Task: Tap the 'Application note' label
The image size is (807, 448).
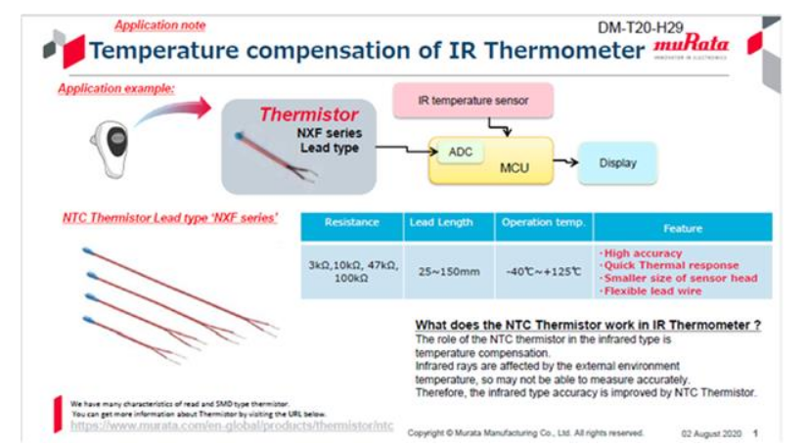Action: (x=159, y=25)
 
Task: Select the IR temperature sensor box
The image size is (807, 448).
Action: (x=472, y=100)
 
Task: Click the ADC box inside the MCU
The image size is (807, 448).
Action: (x=460, y=153)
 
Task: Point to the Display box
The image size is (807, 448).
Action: (x=616, y=163)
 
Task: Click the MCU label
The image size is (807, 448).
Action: (x=513, y=168)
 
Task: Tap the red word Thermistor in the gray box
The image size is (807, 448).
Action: (x=308, y=115)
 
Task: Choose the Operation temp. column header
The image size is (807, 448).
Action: (x=543, y=223)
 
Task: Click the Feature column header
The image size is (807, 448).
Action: (x=682, y=228)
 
